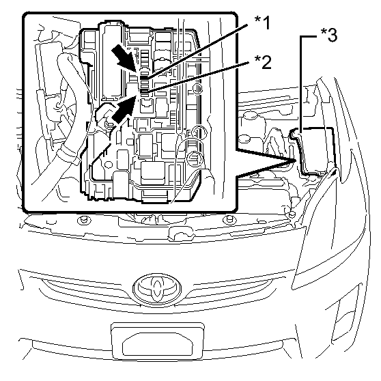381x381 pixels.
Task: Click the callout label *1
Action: click(262, 23)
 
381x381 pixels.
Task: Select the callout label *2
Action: click(263, 62)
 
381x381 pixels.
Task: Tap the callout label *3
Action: click(329, 35)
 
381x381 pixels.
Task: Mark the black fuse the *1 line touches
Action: click(144, 78)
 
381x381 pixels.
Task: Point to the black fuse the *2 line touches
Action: click(144, 91)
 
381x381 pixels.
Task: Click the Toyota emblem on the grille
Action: click(157, 288)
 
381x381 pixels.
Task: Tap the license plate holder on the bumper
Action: click(158, 341)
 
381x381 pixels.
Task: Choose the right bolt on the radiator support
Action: click(229, 220)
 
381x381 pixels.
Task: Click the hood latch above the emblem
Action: click(181, 234)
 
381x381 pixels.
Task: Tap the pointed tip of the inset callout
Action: click(295, 160)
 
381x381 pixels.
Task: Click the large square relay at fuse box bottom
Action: click(152, 173)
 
